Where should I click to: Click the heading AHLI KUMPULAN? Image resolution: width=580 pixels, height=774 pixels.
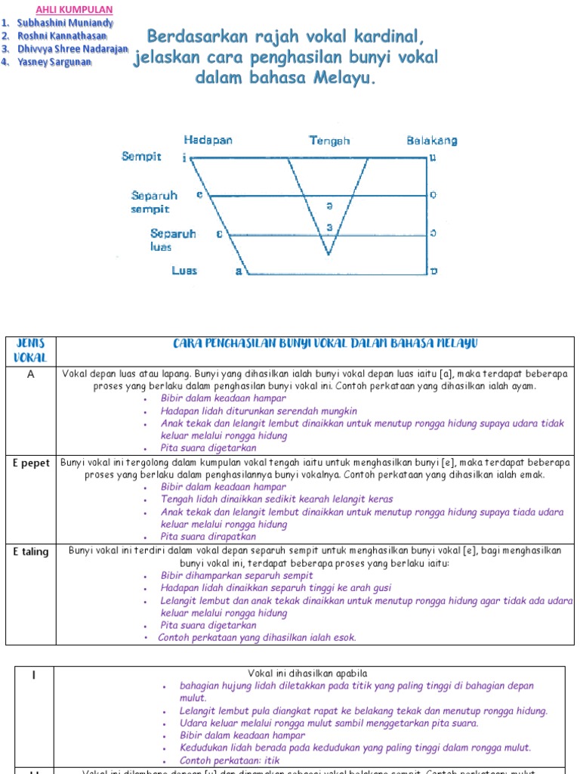[75, 10]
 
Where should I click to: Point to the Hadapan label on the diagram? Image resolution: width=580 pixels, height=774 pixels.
[208, 140]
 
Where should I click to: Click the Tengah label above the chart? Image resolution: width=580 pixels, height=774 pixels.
[329, 140]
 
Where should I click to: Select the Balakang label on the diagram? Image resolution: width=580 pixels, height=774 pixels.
[431, 140]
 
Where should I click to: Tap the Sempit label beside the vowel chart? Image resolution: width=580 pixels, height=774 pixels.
[141, 156]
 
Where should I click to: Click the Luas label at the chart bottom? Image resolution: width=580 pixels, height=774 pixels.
[184, 271]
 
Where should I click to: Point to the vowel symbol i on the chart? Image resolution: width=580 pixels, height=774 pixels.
[184, 158]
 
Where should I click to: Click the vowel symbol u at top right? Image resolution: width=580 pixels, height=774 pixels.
[433, 158]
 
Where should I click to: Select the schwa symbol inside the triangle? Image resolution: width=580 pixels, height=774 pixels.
[329, 206]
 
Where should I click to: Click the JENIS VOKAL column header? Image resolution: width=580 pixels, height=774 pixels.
[31, 350]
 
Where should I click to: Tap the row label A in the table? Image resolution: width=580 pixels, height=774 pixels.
[31, 373]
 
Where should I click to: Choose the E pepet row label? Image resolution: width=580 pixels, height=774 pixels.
[31, 463]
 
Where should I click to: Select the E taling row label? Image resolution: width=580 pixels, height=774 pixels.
[31, 551]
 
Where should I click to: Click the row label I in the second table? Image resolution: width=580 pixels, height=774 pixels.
[33, 674]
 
